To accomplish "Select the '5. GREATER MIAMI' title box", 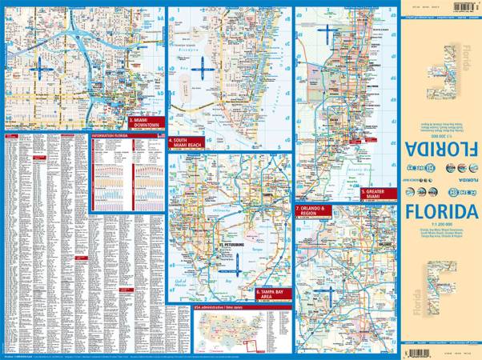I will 376,193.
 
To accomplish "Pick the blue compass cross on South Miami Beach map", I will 204,72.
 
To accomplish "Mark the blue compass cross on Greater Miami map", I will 327,33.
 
